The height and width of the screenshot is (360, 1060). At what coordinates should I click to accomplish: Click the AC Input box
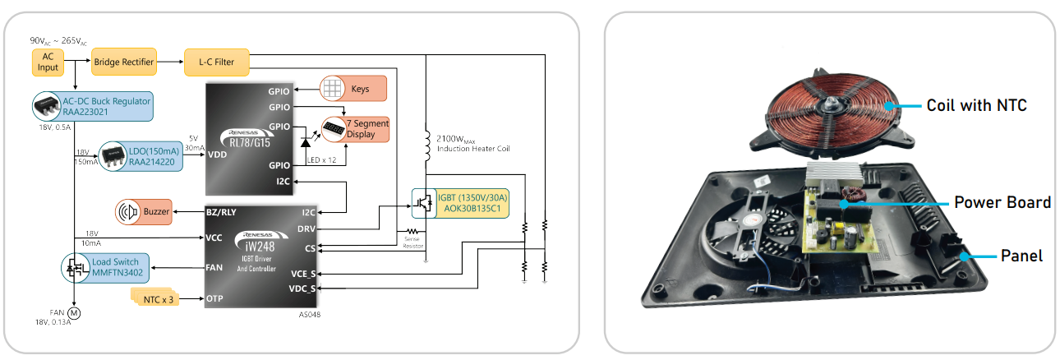coord(48,62)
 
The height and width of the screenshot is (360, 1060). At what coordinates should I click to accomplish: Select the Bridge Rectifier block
coord(124,62)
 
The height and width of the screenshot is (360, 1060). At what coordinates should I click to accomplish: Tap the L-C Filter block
coord(217,62)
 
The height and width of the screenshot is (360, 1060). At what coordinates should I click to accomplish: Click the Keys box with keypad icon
coord(353,89)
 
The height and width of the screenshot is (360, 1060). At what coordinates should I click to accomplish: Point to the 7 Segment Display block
coord(355,129)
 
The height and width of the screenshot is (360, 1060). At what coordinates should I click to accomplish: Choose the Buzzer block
coord(143,211)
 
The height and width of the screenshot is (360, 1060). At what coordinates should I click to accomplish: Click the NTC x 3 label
coord(158,299)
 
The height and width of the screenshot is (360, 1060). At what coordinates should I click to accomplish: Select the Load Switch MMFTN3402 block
coord(105,268)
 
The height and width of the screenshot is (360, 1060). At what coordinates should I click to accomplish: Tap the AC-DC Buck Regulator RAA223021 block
coord(93,107)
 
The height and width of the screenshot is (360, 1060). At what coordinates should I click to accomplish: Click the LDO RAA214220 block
coord(141,157)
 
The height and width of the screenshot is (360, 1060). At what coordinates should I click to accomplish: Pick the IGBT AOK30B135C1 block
coord(460,203)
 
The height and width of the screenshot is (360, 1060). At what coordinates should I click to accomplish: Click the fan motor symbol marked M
coord(74,313)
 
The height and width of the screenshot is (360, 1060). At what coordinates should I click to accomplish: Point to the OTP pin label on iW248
coord(214,298)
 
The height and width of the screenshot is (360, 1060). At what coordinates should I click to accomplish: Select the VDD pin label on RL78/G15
coord(217,155)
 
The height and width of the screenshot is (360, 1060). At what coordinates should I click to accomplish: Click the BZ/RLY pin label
coord(221,212)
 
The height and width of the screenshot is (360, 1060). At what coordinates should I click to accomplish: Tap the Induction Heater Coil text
coord(473,149)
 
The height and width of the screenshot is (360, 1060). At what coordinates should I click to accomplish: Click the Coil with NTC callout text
coord(976,105)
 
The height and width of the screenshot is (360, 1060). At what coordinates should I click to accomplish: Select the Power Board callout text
coord(1002,202)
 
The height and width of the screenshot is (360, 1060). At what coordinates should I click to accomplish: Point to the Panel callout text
coord(1021,256)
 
